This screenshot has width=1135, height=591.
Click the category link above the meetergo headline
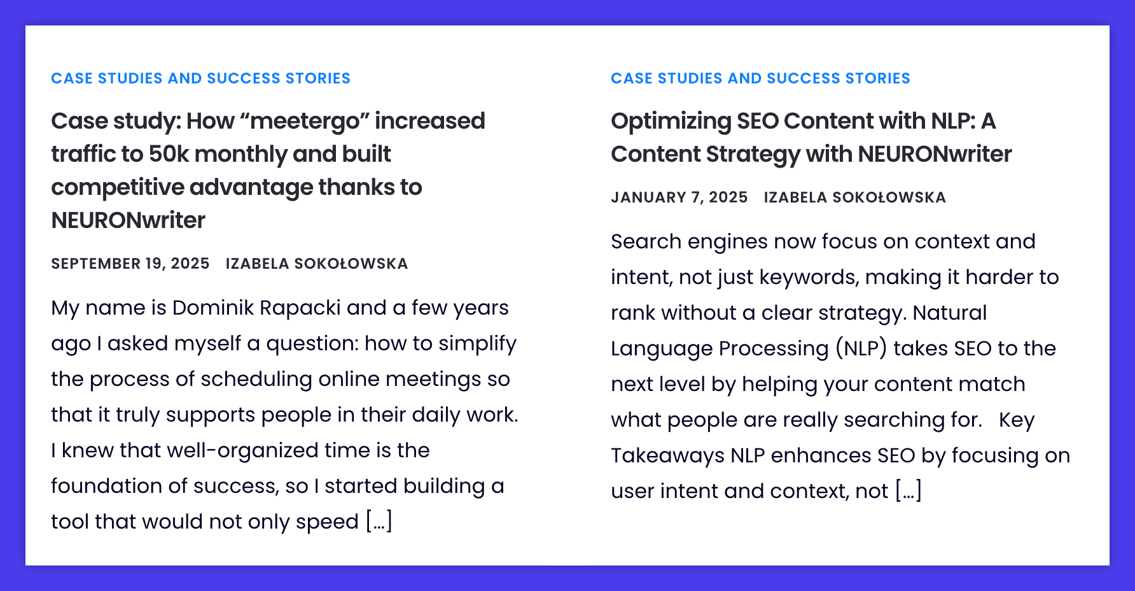[x=200, y=78]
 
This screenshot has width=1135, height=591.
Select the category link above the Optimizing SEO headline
[x=760, y=78]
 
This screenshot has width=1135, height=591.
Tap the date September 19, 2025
[x=130, y=264]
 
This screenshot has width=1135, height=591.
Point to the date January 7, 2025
[x=679, y=197]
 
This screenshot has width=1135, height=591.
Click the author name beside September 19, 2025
[x=317, y=264]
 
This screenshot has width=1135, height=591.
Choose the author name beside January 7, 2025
[x=855, y=197]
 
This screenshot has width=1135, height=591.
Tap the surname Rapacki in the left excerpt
[x=300, y=308]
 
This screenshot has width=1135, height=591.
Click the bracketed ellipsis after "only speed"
[x=379, y=522]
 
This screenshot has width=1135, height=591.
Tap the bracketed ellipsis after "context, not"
[x=909, y=491]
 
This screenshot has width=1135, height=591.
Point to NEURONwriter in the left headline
[x=128, y=220]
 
